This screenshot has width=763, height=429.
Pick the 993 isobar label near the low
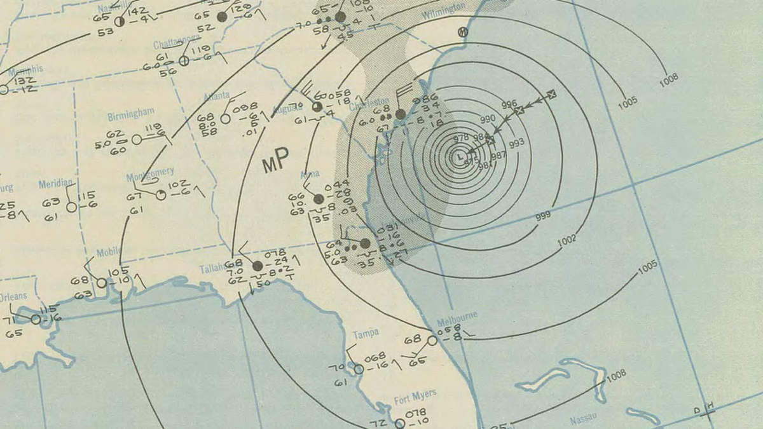(x=517, y=143)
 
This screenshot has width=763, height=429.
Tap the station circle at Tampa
(x=359, y=369)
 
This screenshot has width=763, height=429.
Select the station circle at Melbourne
(x=432, y=340)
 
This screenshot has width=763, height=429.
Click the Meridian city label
(x=56, y=184)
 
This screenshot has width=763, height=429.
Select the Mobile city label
(x=108, y=253)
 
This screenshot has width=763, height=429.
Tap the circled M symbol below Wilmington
(x=464, y=31)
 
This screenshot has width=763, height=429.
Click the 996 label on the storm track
(x=509, y=104)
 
